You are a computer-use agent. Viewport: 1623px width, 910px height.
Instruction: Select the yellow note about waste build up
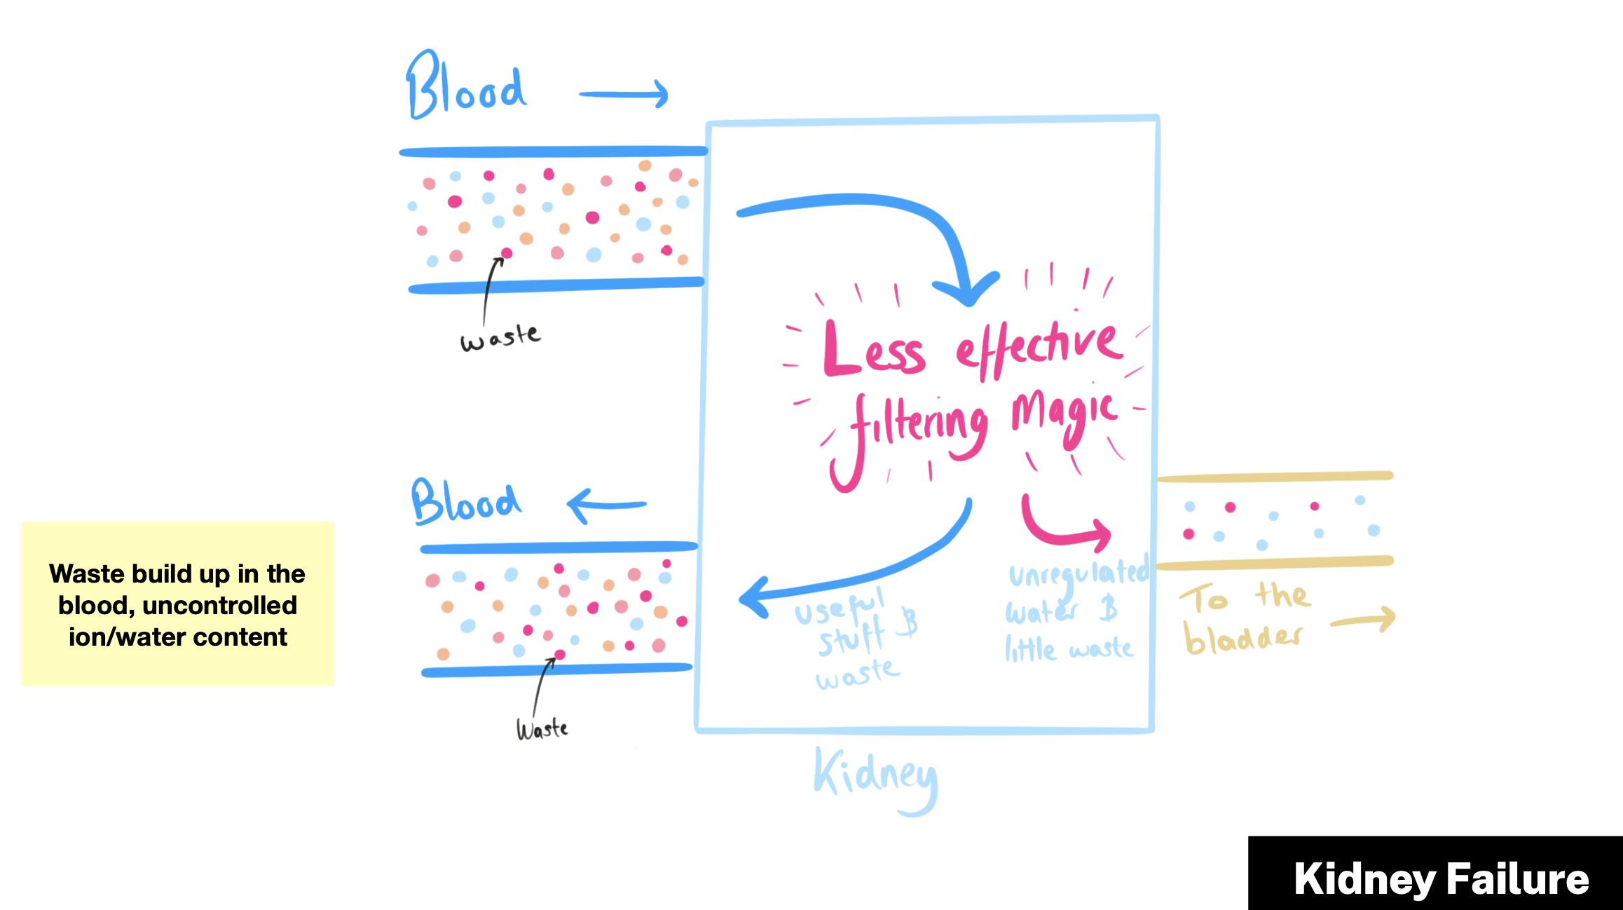coord(178,604)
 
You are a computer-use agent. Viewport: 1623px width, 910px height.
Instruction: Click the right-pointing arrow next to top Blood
coord(624,94)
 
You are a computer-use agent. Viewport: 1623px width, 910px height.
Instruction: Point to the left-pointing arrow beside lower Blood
coord(605,505)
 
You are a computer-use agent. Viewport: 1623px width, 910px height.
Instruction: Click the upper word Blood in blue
coord(465,87)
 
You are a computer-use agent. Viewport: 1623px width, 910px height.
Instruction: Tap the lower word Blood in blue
coord(465,502)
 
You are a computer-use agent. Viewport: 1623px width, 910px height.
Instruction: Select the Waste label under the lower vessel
coord(542,729)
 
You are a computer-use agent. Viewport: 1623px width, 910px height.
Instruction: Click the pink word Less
coord(873,351)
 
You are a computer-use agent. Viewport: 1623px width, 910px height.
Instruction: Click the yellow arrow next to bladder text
coord(1364,620)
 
